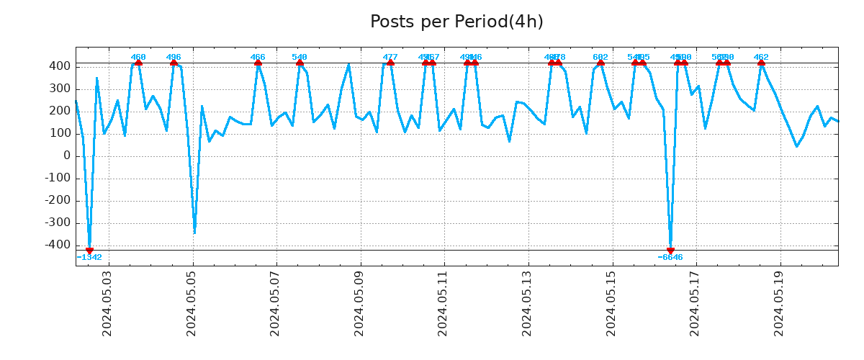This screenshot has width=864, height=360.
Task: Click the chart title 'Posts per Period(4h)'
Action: (456, 22)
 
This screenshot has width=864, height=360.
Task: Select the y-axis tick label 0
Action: (66, 156)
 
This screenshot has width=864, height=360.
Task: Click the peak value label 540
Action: (300, 57)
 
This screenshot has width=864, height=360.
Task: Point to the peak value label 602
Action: (600, 57)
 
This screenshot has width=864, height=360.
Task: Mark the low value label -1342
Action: (89, 257)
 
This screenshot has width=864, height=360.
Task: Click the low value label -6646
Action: (670, 257)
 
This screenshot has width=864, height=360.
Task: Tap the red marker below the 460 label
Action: (138, 63)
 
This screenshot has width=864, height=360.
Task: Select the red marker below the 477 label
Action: (390, 63)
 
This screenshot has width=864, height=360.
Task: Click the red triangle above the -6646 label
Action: (670, 250)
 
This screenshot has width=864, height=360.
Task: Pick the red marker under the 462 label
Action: (761, 63)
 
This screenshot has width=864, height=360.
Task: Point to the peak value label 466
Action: (258, 57)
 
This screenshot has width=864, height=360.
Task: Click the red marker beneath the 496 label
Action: (174, 63)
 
